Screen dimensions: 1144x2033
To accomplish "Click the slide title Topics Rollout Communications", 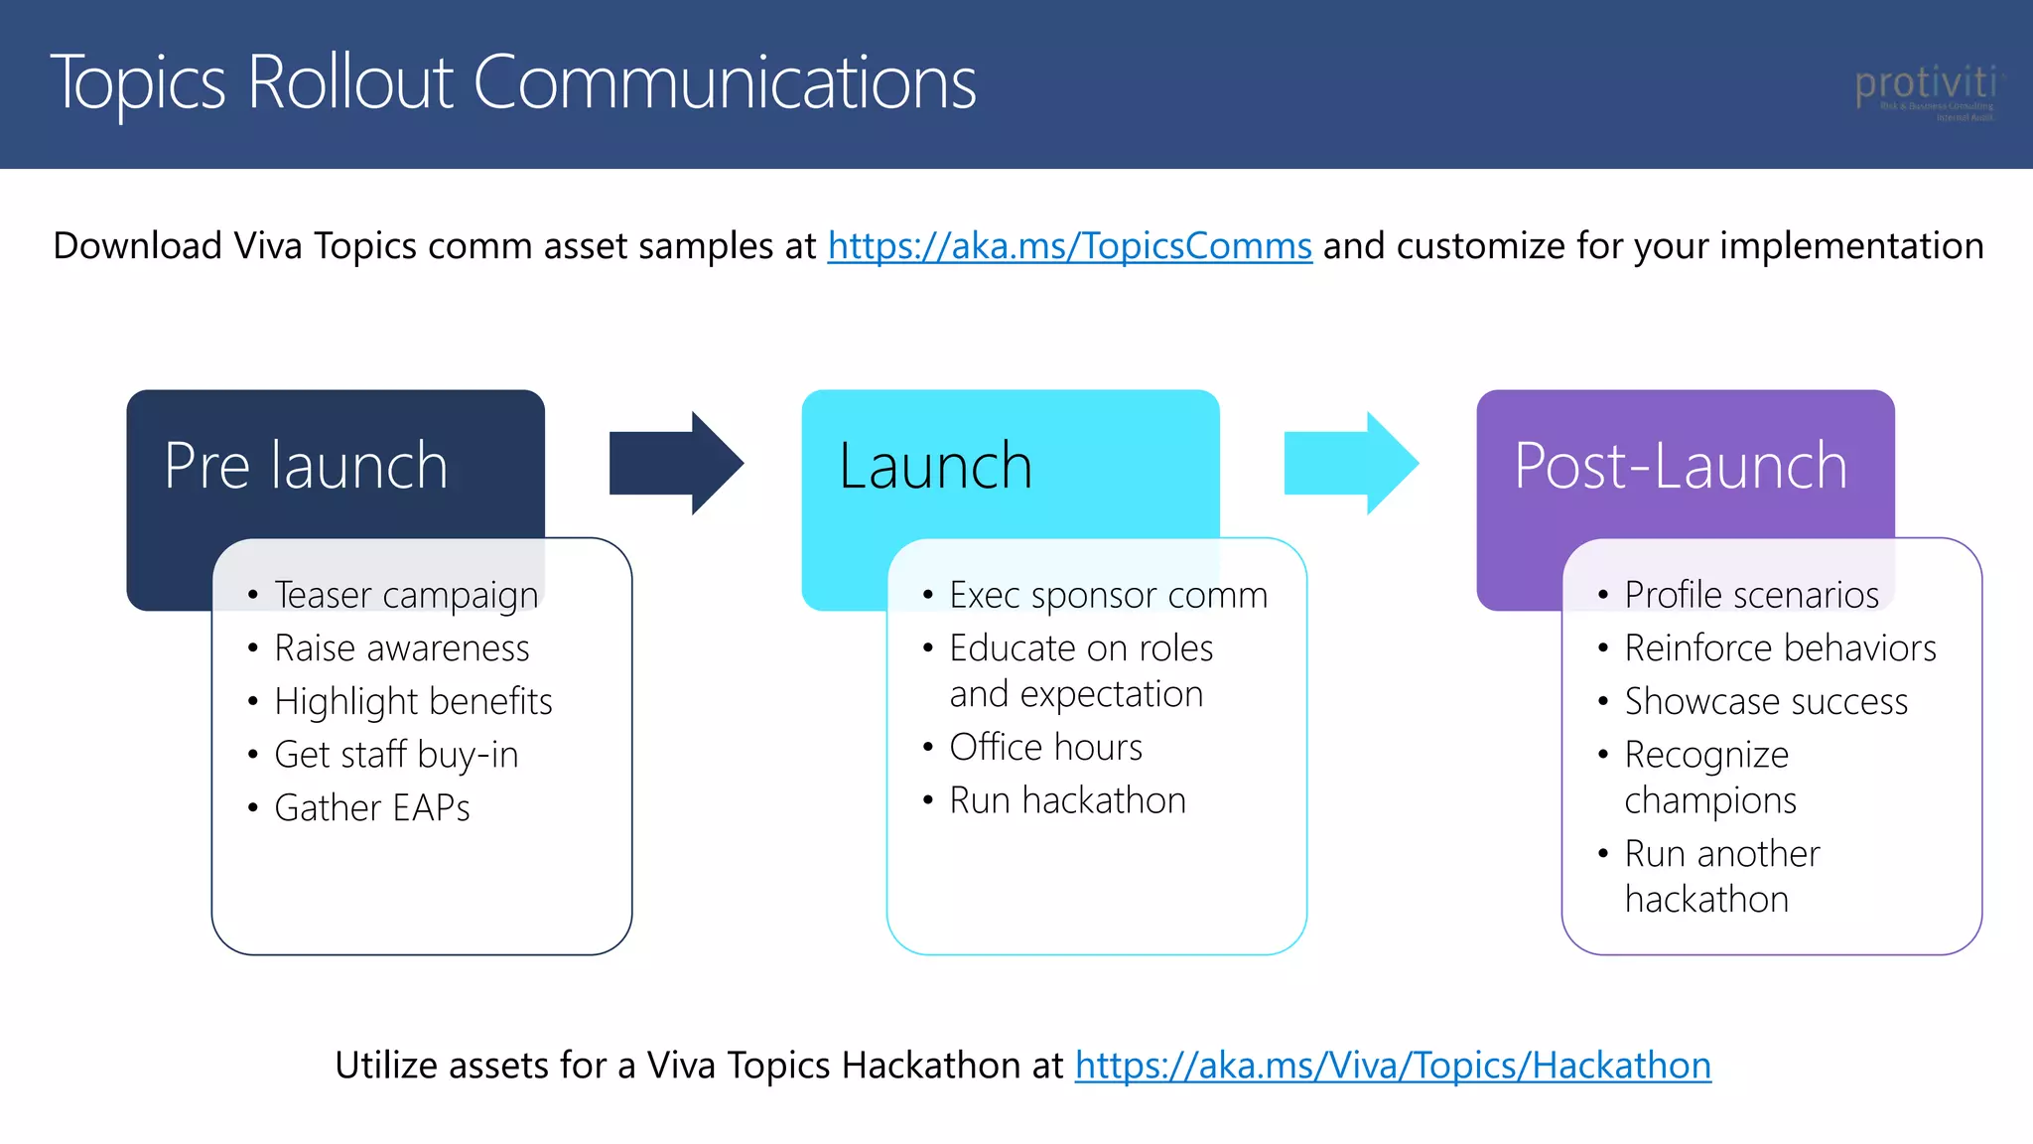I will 513,82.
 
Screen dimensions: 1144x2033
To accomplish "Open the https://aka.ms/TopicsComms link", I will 1069,246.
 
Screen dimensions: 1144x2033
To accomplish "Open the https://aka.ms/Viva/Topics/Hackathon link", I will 1392,1066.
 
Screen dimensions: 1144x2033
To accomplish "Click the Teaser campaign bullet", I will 406,595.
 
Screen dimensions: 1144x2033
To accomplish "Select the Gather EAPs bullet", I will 372,808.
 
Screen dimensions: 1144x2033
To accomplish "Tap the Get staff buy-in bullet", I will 396,755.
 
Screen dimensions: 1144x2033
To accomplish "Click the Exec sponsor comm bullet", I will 1108,595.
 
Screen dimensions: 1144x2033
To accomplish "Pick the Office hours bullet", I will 1045,747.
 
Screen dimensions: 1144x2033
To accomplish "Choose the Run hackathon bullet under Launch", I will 1067,800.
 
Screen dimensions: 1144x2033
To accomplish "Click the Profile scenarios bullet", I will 1751,595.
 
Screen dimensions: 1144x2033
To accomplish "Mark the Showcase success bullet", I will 1765,701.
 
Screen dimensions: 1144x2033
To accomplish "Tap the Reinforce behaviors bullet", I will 1780,648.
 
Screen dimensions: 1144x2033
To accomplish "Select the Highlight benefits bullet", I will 413,701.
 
